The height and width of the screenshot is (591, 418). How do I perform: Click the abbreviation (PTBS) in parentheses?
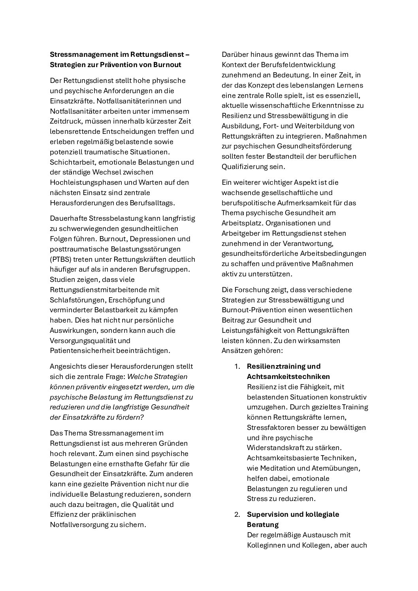point(62,259)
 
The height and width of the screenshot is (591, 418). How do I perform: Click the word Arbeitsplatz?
point(241,223)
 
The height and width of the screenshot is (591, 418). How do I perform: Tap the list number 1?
point(237,366)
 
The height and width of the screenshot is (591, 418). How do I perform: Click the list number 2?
point(237,514)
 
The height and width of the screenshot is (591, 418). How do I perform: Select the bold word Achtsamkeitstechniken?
point(288,377)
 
